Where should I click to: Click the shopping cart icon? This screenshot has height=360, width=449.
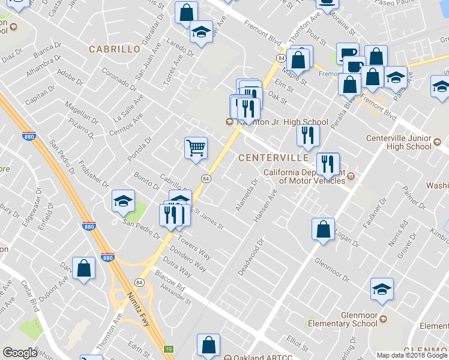click(196, 148)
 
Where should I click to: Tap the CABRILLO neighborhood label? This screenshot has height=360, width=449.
click(115, 49)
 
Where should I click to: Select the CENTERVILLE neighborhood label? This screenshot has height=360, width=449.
click(273, 158)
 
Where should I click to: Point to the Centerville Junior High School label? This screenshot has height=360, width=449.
click(399, 142)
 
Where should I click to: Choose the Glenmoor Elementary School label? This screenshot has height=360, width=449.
click(343, 320)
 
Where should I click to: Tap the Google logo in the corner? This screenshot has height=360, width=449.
click(20, 353)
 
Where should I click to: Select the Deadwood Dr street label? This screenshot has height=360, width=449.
click(251, 258)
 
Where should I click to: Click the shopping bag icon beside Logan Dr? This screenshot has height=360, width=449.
click(323, 230)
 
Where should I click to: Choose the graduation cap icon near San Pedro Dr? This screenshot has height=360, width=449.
click(123, 202)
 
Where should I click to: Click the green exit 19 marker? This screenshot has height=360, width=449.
click(170, 349)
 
